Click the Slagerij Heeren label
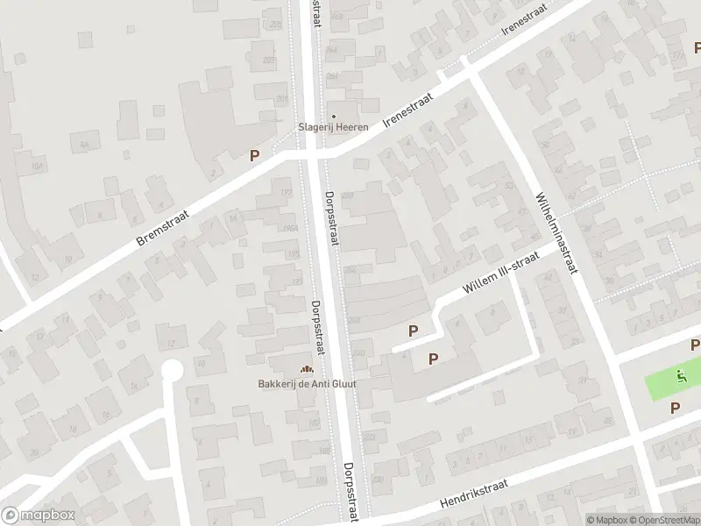[x=333, y=128]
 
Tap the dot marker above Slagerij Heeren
[x=333, y=116]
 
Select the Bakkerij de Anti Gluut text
[x=307, y=383]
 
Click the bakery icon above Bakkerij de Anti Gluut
[x=307, y=370]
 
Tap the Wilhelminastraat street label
[x=558, y=232]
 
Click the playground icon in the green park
[x=682, y=379]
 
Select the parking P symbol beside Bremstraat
[x=254, y=155]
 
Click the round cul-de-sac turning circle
[x=172, y=371]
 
